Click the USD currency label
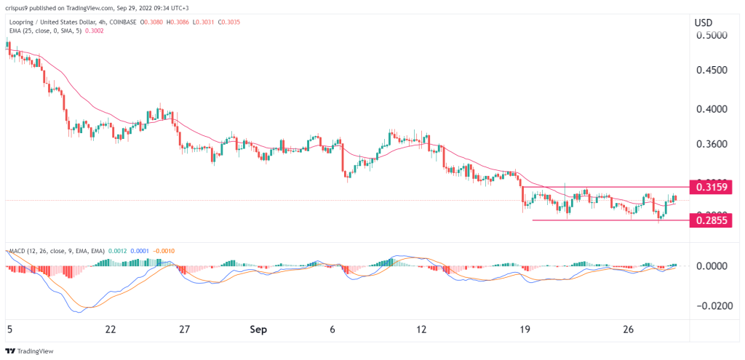(x=704, y=23)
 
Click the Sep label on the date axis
(x=259, y=329)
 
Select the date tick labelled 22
(x=111, y=329)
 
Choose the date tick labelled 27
(x=185, y=329)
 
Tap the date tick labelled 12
(x=421, y=329)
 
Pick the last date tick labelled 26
(x=629, y=329)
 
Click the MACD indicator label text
(x=17, y=251)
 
